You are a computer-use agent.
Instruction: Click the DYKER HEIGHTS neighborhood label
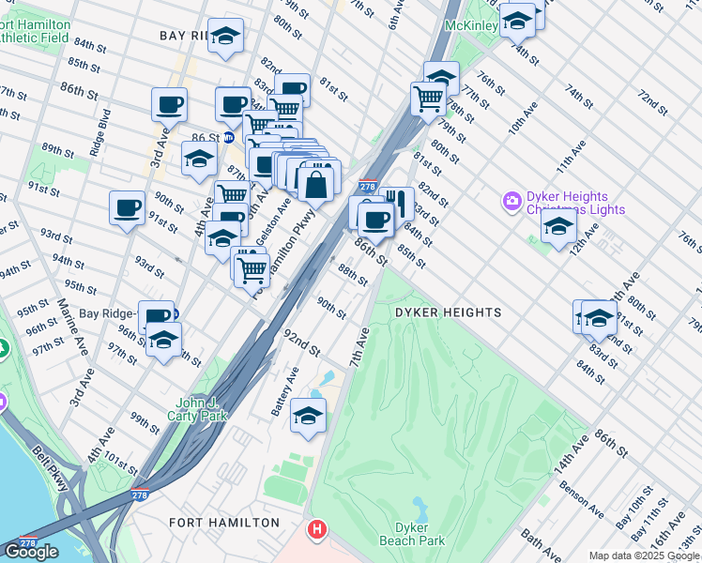tap(448, 312)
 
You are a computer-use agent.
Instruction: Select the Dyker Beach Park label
tap(412, 534)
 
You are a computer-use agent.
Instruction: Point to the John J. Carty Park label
tap(198, 409)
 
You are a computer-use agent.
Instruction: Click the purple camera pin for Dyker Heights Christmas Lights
tap(511, 201)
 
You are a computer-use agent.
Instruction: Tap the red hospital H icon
tap(318, 530)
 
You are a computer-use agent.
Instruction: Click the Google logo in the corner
tap(31, 552)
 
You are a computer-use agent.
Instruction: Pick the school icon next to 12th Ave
tap(558, 225)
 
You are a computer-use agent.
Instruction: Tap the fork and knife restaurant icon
tap(397, 202)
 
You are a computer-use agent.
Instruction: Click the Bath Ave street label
tap(538, 539)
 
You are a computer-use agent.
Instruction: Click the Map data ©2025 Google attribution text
tap(644, 555)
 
